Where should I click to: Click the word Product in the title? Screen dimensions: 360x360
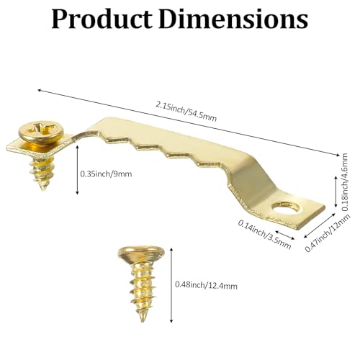pos(102,19)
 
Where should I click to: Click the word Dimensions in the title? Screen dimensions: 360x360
pos(233,19)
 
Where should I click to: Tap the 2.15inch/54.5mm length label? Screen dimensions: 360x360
pos(186,112)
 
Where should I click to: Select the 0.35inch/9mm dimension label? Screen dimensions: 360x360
pos(106,174)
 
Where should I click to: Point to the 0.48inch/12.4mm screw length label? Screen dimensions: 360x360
pos(206,285)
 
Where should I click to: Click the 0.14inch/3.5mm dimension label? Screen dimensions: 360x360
pos(264,234)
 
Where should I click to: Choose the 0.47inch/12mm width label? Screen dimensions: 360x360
pos(328,233)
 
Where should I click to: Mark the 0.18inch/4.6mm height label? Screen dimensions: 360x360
pos(345,182)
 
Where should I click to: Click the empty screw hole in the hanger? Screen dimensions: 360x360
pos(286,207)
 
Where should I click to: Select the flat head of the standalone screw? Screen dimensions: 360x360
pos(141,253)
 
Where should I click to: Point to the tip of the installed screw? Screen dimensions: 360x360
pos(43,189)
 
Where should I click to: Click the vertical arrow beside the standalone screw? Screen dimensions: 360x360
pos(171,285)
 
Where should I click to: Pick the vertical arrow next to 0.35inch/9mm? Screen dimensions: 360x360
pos(77,170)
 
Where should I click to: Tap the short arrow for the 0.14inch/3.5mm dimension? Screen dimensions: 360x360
pos(285,235)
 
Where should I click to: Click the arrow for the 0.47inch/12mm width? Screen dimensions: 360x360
pos(320,225)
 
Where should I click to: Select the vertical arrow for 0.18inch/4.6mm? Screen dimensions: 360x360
pos(336,191)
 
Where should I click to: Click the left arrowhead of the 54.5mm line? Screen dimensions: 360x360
pos(40,91)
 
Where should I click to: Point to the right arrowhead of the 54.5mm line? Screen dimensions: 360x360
pos(338,156)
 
